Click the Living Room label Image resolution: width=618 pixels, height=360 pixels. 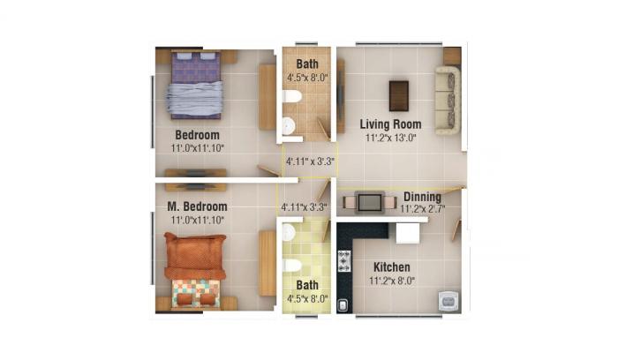(x=389, y=124)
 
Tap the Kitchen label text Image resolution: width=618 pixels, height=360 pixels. (x=391, y=266)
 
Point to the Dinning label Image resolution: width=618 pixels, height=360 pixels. (x=422, y=197)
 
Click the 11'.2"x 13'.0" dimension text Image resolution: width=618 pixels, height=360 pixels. (x=389, y=138)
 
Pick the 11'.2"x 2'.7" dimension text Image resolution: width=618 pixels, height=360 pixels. (x=422, y=210)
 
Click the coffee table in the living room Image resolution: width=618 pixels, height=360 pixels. (x=399, y=95)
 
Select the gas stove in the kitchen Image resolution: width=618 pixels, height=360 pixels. (x=344, y=260)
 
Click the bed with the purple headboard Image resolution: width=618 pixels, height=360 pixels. (x=195, y=85)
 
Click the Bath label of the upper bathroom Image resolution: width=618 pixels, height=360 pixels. (x=307, y=64)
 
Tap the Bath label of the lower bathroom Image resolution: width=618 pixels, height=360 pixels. (x=307, y=285)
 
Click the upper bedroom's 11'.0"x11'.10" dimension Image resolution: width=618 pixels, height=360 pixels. (x=197, y=148)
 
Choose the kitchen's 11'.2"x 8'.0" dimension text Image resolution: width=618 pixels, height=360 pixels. (x=391, y=281)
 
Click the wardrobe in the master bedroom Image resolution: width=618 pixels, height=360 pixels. (x=267, y=263)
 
